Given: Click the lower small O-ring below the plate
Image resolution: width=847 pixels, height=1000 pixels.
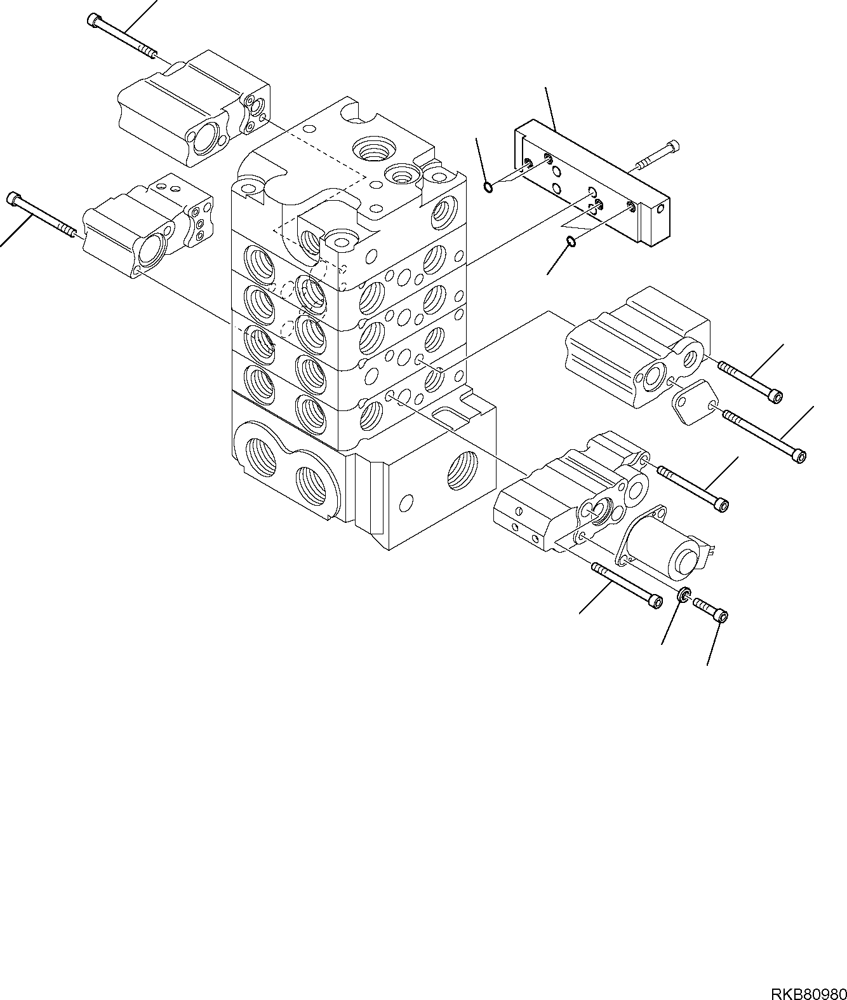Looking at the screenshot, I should (x=570, y=241).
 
